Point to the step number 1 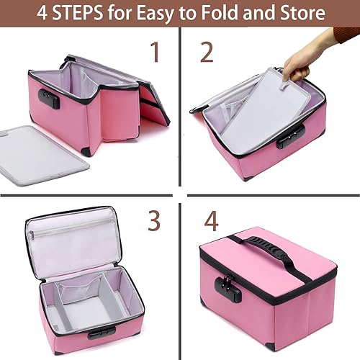(x=154, y=53)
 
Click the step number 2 (x=207, y=53)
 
